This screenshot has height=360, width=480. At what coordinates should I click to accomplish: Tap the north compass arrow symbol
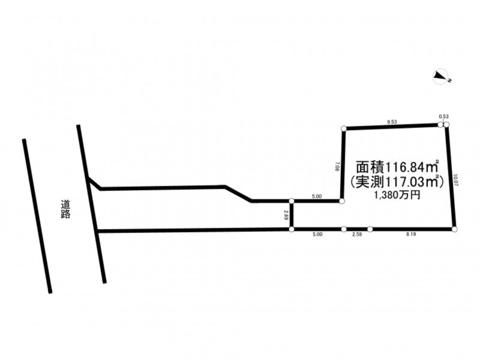click(442, 76)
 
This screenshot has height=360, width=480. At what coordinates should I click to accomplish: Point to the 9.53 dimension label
click(392, 122)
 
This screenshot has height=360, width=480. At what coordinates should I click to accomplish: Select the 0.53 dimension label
click(444, 116)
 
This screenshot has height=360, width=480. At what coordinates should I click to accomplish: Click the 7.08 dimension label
click(338, 165)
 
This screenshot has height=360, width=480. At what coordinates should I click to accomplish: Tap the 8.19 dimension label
click(411, 235)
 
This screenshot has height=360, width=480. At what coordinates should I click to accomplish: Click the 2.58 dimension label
click(356, 235)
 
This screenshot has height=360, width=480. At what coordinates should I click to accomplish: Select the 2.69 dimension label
click(286, 215)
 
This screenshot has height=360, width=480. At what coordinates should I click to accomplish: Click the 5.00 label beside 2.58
click(317, 235)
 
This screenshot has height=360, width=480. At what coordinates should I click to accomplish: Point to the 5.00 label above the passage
click(317, 196)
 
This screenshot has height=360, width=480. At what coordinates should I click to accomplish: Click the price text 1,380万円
click(397, 195)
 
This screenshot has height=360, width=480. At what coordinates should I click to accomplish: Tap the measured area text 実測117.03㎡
click(397, 181)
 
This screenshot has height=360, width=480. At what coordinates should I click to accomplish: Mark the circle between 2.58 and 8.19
click(370, 229)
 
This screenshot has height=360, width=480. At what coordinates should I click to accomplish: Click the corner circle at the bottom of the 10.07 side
click(454, 229)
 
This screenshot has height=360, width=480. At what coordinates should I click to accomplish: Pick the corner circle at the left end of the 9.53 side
click(344, 128)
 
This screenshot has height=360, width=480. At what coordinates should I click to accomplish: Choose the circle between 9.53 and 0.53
click(440, 124)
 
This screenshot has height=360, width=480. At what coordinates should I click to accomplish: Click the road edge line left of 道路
click(37, 216)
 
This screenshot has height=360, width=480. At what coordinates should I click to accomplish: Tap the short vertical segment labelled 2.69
click(292, 215)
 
